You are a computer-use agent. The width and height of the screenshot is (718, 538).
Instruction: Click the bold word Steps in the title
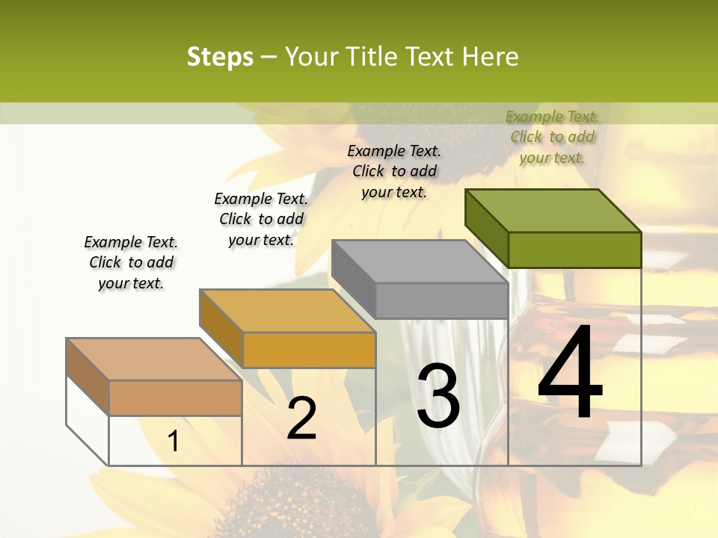point(220,57)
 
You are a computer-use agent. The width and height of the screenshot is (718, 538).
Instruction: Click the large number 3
point(438,396)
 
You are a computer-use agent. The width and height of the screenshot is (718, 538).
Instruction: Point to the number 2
point(302,418)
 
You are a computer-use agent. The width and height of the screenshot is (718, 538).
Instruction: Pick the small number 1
point(174,441)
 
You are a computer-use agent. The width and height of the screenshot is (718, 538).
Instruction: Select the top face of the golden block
point(287,311)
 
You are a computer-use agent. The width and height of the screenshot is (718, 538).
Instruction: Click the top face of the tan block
point(154,359)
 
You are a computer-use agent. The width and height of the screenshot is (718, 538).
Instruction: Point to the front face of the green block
point(574,250)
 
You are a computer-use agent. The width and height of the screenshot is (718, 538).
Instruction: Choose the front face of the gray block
point(441,300)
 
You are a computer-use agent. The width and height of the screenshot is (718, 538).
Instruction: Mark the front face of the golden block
point(309,350)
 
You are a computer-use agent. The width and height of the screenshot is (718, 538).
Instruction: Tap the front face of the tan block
point(175,398)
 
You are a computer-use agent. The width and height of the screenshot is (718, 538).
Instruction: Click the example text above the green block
point(552,137)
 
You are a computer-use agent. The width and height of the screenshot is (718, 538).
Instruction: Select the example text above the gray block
point(394,171)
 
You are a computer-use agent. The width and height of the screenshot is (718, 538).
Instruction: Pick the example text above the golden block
point(261,219)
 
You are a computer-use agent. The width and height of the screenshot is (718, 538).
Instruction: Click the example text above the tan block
point(131,262)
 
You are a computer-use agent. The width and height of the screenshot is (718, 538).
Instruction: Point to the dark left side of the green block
point(486,224)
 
